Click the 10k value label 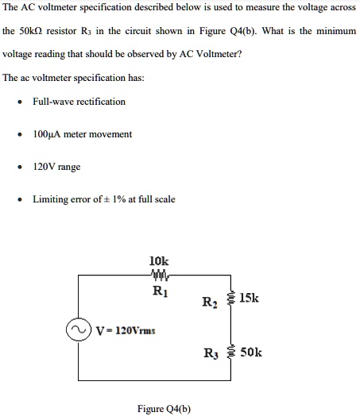[x=159, y=260]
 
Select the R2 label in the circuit [x=210, y=302]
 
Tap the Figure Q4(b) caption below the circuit [x=164, y=409]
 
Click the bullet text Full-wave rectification [x=79, y=101]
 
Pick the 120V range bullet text [x=56, y=167]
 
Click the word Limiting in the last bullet [x=49, y=199]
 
